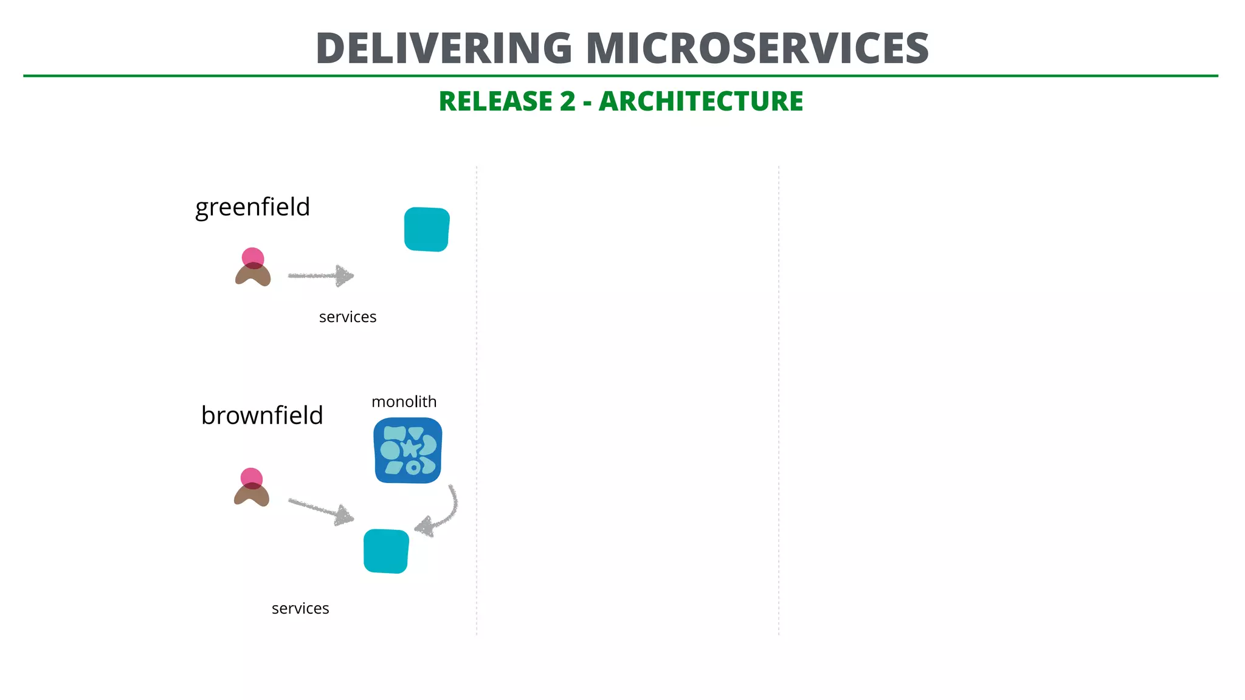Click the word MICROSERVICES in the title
(757, 49)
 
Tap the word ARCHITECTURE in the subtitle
(701, 101)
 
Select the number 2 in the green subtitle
(567, 101)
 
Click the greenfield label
(252, 207)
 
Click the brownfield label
(262, 416)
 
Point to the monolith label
(404, 402)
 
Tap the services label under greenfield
(347, 317)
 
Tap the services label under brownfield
(300, 609)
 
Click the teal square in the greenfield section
(427, 229)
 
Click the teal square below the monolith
(386, 551)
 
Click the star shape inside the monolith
(411, 448)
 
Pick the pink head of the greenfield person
(253, 256)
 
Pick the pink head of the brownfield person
(251, 477)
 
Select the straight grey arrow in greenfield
(321, 275)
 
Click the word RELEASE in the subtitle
(506, 101)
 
